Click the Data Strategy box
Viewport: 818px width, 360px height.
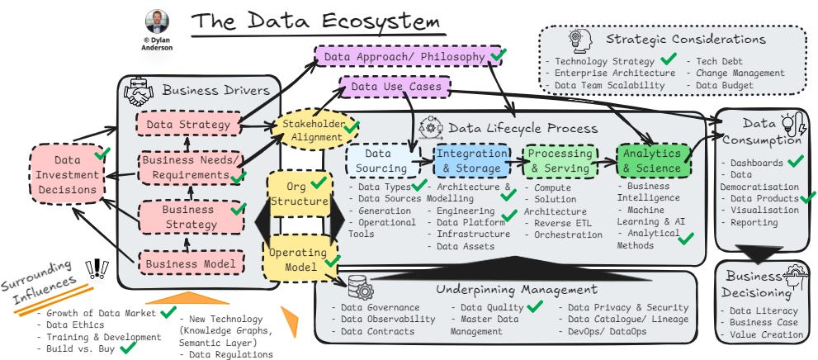pos(187,125)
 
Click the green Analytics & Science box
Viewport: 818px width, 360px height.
pos(652,161)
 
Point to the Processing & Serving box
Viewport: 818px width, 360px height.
pos(560,161)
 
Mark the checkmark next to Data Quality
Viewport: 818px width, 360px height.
pos(535,306)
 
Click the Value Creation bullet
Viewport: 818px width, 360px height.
pos(765,334)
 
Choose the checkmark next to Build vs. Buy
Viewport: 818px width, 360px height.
pos(128,348)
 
